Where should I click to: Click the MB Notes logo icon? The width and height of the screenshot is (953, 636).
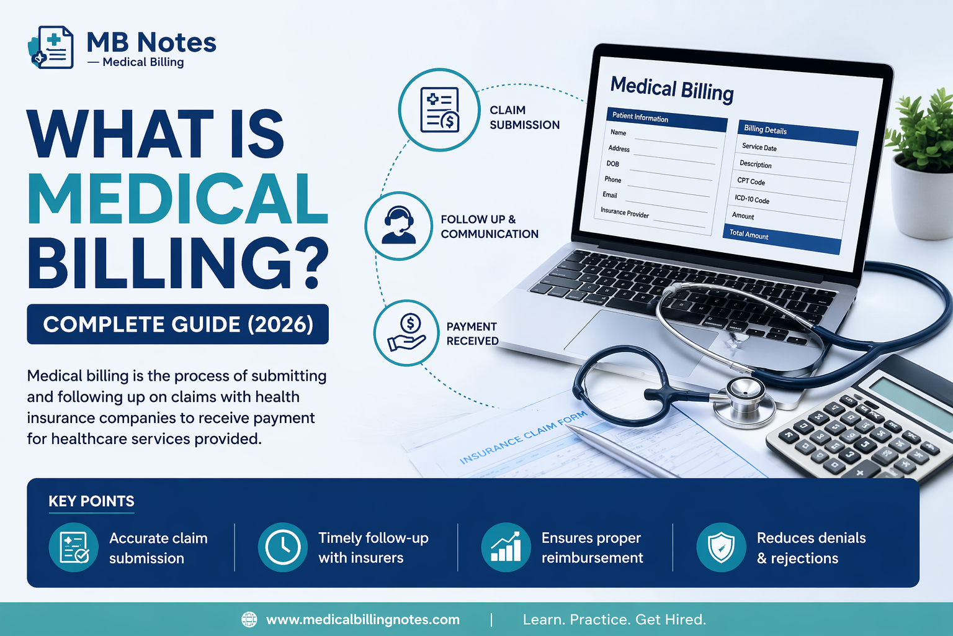[51, 47]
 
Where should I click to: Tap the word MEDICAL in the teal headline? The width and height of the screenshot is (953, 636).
[177, 198]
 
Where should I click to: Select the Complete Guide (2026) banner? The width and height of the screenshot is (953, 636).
[177, 324]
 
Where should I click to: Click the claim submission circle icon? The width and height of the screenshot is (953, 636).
[439, 110]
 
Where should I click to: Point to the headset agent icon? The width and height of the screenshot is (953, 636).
[398, 225]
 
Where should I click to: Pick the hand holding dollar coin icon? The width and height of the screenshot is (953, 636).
[407, 333]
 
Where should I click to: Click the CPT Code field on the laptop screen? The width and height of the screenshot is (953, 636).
[751, 181]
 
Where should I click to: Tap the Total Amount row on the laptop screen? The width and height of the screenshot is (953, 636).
[781, 236]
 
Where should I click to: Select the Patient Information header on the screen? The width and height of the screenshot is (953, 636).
[666, 119]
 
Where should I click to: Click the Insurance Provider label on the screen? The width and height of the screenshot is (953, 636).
[624, 213]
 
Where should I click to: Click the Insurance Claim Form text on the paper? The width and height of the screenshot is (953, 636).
[522, 438]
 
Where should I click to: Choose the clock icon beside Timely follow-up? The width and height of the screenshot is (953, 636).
[283, 547]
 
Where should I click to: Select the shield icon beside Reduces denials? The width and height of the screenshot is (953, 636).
[721, 547]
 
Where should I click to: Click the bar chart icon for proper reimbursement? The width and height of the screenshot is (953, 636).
[506, 547]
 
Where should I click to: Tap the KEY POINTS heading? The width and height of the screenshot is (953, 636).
[92, 501]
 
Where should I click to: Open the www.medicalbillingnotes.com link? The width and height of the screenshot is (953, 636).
[363, 619]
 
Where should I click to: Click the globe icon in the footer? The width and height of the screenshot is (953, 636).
[249, 619]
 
